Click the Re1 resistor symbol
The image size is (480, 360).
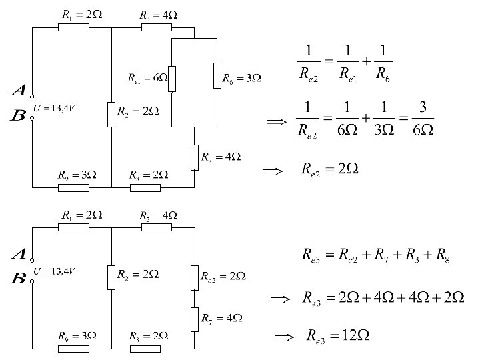(172, 78)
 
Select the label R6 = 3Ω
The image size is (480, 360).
(241, 79)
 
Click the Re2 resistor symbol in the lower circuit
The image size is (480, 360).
(195, 275)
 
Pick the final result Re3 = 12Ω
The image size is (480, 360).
(330, 335)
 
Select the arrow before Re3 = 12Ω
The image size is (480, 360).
(284, 336)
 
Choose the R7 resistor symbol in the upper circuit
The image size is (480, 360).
(195, 157)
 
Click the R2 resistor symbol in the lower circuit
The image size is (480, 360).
(111, 275)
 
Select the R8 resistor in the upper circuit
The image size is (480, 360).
(145, 187)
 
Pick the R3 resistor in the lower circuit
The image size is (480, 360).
(156, 227)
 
